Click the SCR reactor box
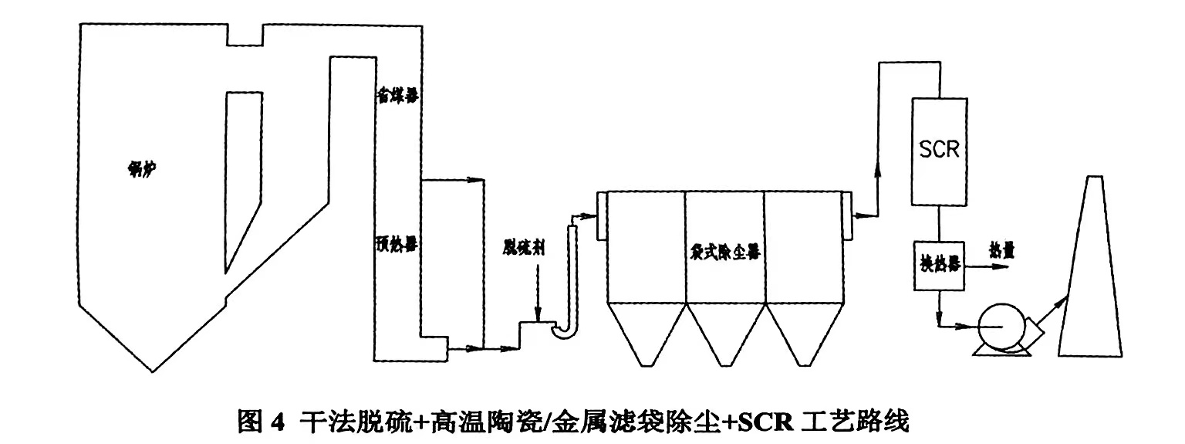coord(939,151)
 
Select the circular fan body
coord(1001,327)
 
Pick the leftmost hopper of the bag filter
coord(646,332)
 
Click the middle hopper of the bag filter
coord(724,332)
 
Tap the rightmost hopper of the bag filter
coord(802,332)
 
